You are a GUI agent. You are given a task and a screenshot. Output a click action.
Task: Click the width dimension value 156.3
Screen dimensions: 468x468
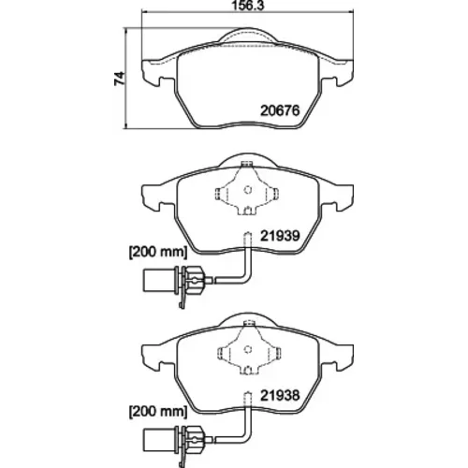pos(248,6)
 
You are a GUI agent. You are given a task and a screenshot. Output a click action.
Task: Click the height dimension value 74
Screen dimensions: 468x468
pos(119,79)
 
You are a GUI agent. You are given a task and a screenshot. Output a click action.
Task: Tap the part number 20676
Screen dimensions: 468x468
pos(280,110)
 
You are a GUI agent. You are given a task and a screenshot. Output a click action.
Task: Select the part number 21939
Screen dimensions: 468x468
pos(280,236)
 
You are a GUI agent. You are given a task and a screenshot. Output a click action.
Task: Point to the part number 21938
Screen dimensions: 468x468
pos(280,395)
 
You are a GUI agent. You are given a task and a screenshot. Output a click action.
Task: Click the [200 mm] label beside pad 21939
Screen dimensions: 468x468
pos(158,252)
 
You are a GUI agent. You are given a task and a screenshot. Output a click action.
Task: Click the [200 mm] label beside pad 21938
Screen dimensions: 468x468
pos(158,411)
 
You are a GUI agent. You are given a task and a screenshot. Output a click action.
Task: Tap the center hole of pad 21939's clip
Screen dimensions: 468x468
pos(248,189)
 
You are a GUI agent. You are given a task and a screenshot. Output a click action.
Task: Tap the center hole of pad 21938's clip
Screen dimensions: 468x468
pos(248,349)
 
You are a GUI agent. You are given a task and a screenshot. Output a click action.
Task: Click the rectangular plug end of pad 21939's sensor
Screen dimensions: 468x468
pos(152,280)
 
